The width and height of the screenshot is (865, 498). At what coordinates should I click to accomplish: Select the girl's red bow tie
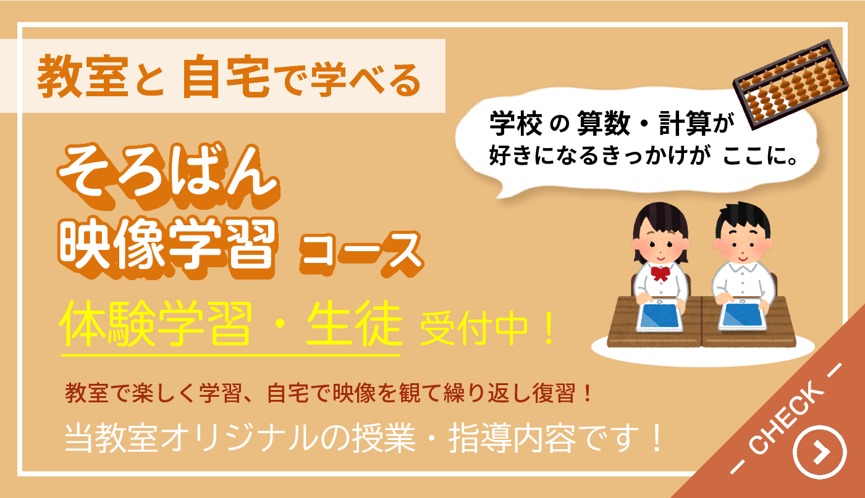point(660,272)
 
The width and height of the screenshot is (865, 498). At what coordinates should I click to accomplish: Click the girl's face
point(659,244)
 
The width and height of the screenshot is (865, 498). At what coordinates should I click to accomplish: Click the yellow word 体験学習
point(156,327)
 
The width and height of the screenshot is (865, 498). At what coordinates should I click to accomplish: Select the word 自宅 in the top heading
point(225,77)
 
